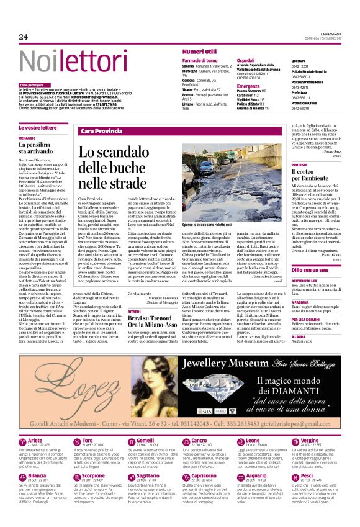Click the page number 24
(x=23, y=37)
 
